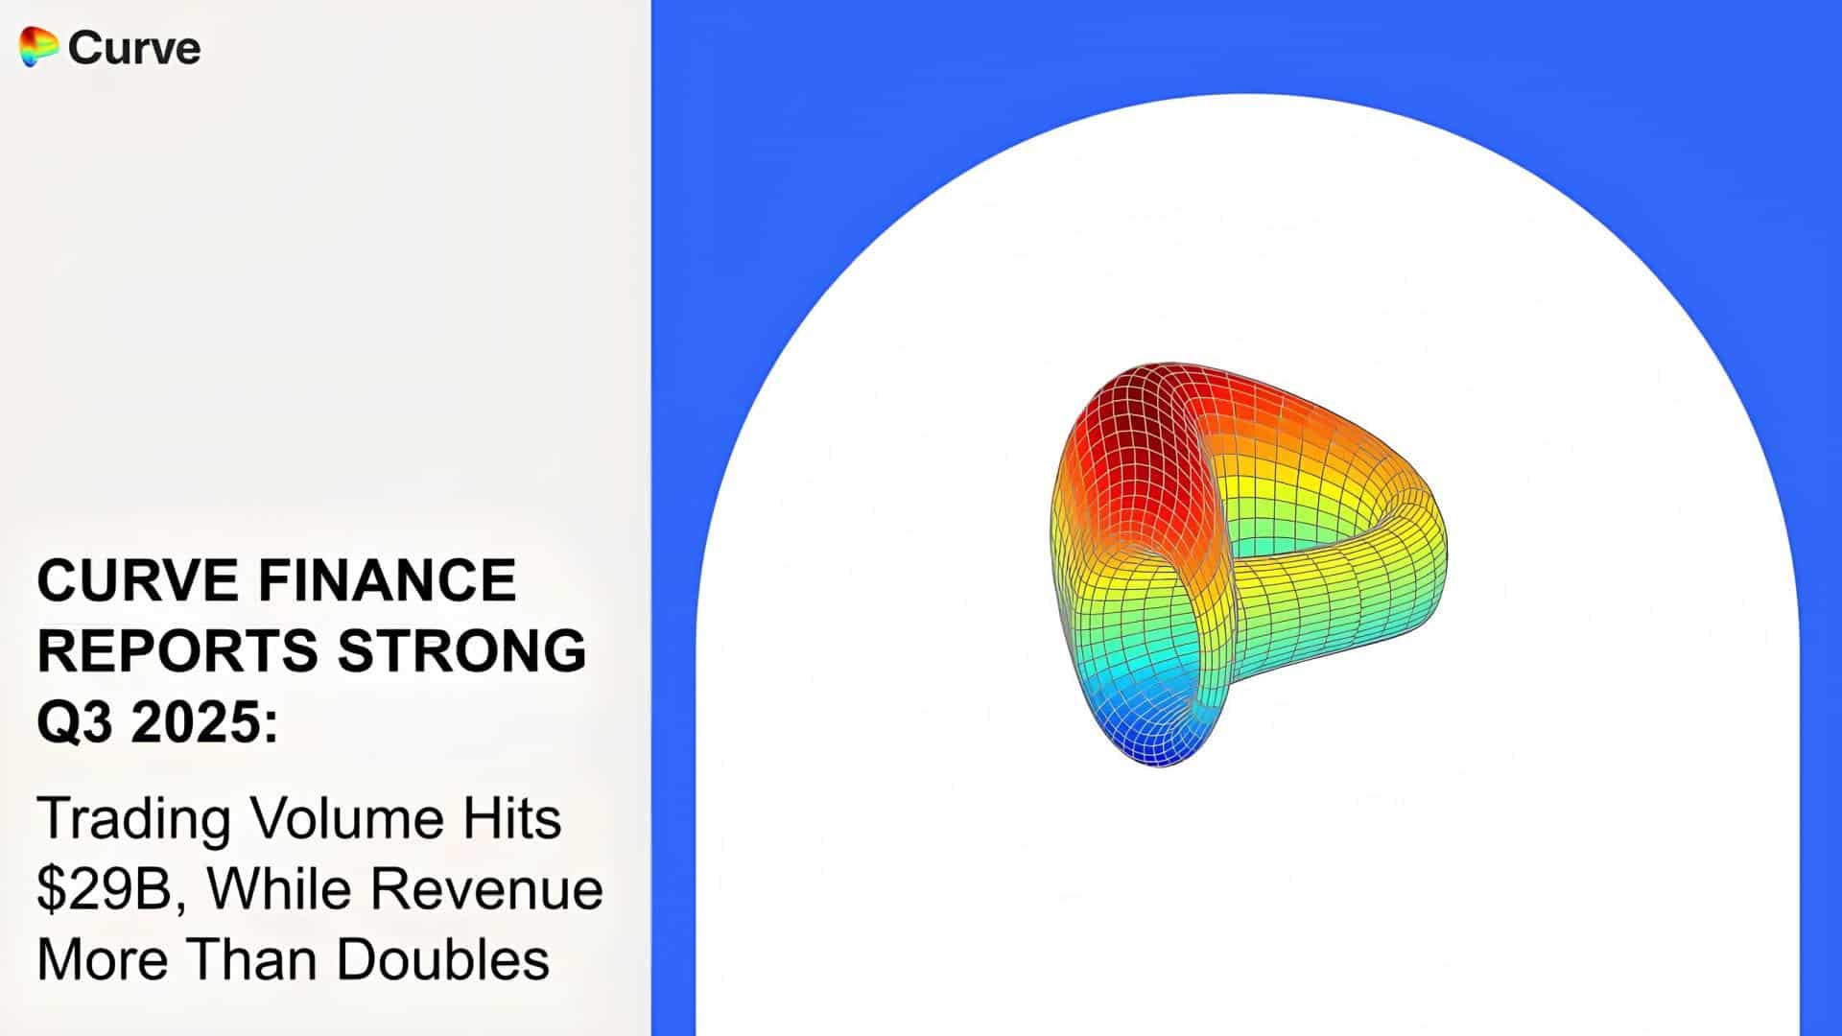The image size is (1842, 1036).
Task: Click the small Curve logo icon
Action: click(38, 47)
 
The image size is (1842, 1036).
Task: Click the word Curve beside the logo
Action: click(134, 48)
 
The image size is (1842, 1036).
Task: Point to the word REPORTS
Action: click(177, 650)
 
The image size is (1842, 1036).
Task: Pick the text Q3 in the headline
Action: click(75, 721)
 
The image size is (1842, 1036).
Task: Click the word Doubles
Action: click(443, 958)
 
